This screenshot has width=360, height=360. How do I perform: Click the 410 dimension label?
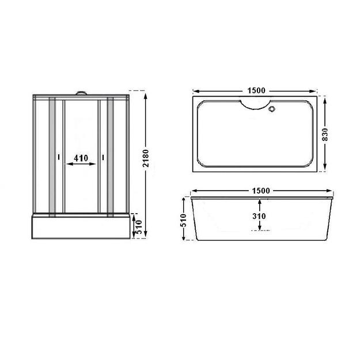(81, 158)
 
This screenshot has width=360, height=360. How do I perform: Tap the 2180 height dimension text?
(146, 158)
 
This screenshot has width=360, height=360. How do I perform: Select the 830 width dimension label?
(325, 135)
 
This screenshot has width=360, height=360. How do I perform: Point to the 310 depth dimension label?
(259, 216)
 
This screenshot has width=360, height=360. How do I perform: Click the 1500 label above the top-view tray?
(256, 90)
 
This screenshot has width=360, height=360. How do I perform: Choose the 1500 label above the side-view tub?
(261, 191)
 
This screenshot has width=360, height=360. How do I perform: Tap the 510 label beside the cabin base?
(139, 227)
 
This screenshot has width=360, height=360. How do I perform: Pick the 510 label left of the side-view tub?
(183, 220)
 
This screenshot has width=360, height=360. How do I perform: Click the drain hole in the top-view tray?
(272, 109)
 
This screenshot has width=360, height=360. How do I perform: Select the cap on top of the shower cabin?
(81, 93)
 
